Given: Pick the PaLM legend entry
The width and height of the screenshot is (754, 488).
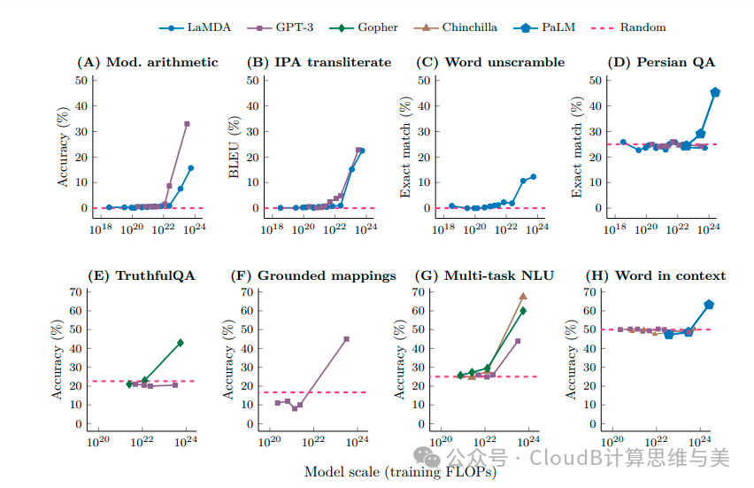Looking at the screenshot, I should [x=545, y=27].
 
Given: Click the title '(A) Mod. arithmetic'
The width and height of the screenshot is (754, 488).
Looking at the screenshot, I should [x=147, y=62].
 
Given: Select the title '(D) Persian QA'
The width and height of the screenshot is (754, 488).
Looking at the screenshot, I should [x=662, y=62].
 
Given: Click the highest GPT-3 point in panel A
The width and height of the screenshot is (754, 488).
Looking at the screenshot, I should [x=187, y=124].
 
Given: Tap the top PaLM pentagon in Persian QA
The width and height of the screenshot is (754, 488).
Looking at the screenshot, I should [x=715, y=92].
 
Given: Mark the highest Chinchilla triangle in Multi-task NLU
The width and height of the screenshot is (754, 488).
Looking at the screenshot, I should [x=523, y=296].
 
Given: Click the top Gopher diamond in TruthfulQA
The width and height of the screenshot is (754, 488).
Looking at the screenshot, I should [x=181, y=343].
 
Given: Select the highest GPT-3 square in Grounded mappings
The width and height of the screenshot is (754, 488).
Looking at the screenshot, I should [x=346, y=339].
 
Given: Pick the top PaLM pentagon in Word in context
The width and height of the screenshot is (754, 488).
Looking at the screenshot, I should [x=709, y=305].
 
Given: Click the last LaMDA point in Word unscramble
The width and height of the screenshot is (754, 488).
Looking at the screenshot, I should [x=533, y=176].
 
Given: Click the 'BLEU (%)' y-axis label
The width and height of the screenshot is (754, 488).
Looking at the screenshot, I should [x=235, y=144].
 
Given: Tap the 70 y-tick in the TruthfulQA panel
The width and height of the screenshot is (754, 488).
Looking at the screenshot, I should [x=77, y=291].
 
